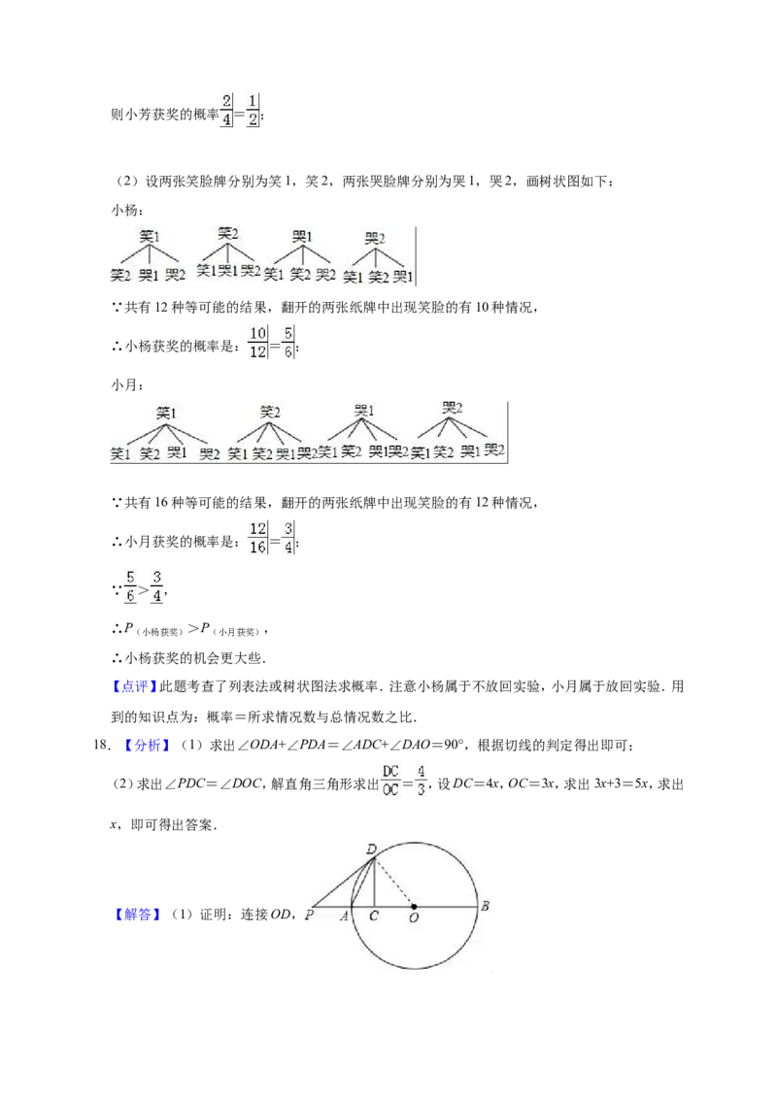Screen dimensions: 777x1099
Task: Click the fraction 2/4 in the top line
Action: (225, 111)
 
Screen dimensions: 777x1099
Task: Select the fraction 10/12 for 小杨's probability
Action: (257, 343)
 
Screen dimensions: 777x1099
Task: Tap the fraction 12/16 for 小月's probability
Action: (257, 538)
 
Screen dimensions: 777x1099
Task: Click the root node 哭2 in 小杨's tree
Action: (375, 238)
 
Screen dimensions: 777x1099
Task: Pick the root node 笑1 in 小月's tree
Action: (166, 413)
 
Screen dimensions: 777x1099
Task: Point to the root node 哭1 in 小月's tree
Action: (364, 410)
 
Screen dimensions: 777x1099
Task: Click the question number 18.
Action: (102, 746)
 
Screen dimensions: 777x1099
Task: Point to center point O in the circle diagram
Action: (414, 907)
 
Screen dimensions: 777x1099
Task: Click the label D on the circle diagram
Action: (371, 849)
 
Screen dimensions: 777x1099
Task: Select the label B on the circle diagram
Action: (485, 906)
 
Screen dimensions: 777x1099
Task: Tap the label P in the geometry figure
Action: (309, 915)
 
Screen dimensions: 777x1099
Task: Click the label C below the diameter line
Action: (374, 916)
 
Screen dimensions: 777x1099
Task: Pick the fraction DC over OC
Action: (390, 781)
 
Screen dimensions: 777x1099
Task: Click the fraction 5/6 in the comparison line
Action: (130, 586)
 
